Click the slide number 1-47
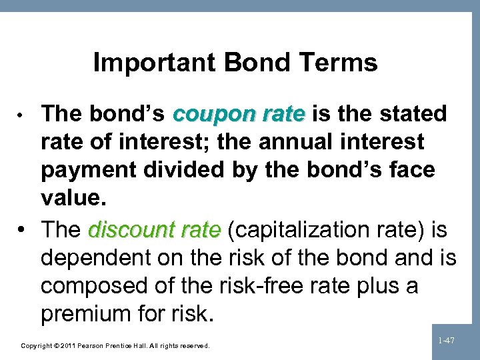(447, 341)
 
